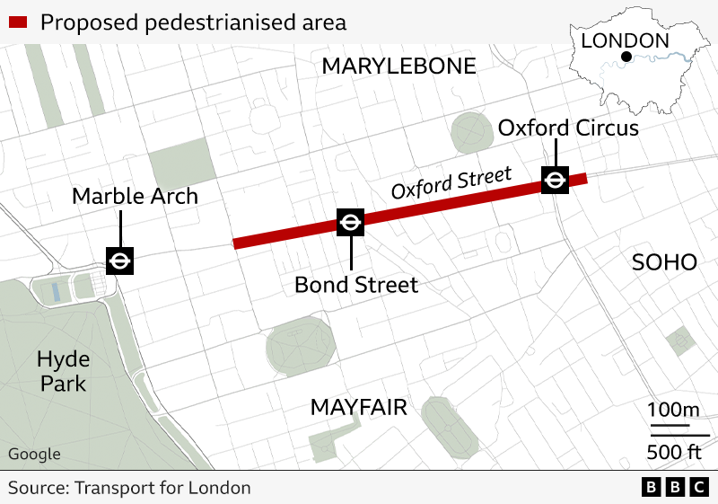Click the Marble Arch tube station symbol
119,261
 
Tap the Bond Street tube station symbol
350,222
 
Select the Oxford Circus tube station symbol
555,180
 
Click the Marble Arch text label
135,196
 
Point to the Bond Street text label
356,285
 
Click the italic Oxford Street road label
451,182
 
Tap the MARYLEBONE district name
398,66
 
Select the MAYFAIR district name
358,407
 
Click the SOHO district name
664,262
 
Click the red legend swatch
20,22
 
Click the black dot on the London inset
626,58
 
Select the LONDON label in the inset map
625,40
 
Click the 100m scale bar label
673,411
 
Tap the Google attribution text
34,454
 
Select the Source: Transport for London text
129,488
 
